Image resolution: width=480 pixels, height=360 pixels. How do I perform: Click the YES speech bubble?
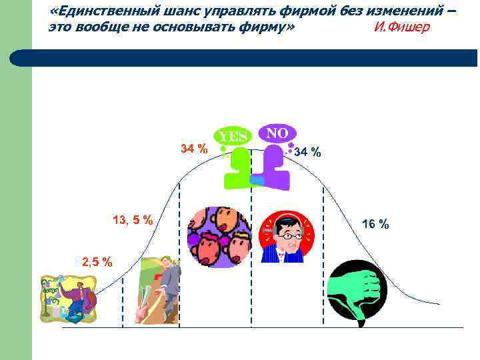coord(233,136)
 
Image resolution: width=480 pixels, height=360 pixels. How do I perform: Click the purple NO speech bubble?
coord(277,133)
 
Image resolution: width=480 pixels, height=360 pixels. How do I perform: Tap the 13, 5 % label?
coord(133,220)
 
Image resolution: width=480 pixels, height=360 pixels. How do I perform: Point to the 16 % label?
coord(375,224)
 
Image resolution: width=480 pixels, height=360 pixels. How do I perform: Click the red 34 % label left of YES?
coord(194,148)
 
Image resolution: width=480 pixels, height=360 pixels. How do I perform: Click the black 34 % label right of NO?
coord(307,153)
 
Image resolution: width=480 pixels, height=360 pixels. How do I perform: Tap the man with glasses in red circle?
coord(285,237)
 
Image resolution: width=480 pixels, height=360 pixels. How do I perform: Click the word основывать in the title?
coord(199,27)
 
